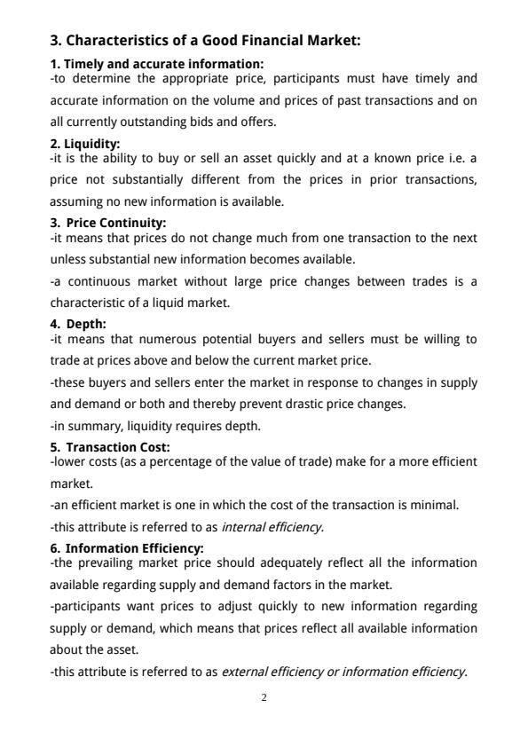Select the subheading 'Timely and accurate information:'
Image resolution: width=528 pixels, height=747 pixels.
pyautogui.click(x=156, y=64)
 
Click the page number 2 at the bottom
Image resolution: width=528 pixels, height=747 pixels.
pyautogui.click(x=264, y=698)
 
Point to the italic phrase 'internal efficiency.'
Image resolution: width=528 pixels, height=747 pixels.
pyautogui.click(x=272, y=527)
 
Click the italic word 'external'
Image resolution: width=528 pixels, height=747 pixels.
pyautogui.click(x=244, y=672)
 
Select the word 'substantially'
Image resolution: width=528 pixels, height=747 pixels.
pyautogui.click(x=123, y=180)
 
